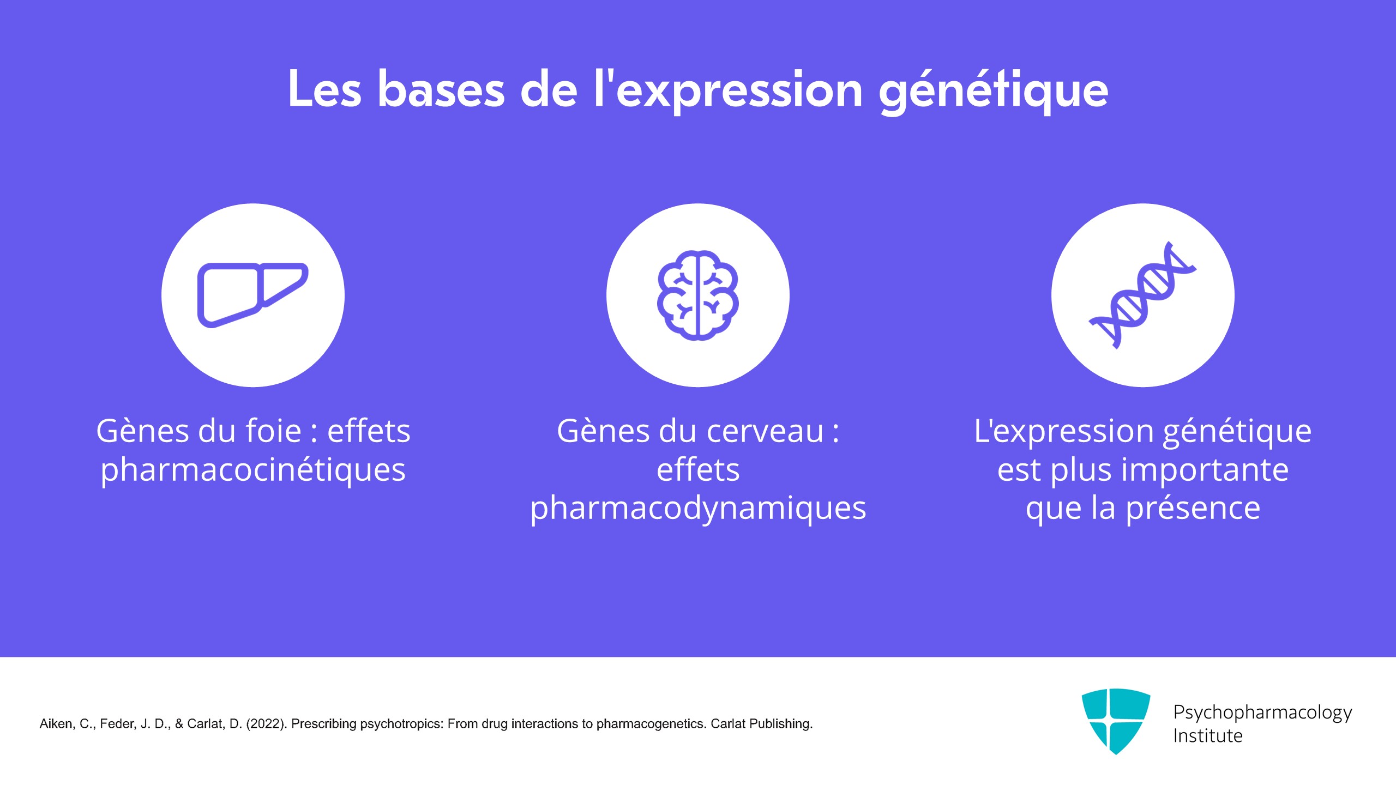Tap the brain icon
point(698,295)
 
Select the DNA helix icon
point(1143,295)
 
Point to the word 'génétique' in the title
point(994,91)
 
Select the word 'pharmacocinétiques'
point(253,470)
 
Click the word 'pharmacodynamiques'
point(698,508)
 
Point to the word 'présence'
point(1193,508)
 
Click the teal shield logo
point(1116,721)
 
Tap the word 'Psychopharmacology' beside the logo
point(1262,712)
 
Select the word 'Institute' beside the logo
point(1208,736)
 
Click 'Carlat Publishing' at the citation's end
point(762,724)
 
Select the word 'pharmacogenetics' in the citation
point(652,724)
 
